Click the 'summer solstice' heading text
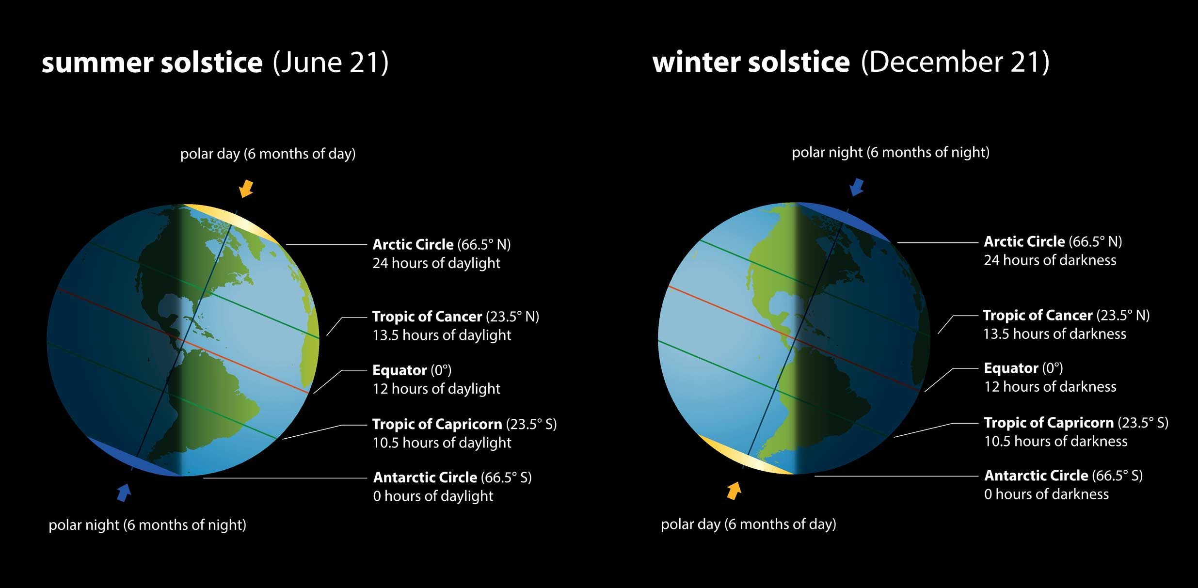click(x=152, y=63)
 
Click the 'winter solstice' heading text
click(x=751, y=63)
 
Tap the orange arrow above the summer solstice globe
click(x=246, y=188)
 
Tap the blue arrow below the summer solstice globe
click(x=124, y=492)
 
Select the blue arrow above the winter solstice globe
click(x=857, y=187)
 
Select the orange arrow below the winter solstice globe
click(x=734, y=490)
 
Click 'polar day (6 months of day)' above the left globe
click(x=268, y=154)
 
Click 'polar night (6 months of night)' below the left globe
click(x=147, y=524)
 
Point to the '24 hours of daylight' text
click(x=436, y=263)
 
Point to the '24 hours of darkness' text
click(x=1050, y=260)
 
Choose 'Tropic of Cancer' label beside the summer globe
click(x=427, y=317)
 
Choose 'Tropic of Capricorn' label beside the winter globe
click(x=1048, y=423)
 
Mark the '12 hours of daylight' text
click(x=436, y=389)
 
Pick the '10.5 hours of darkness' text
click(x=1055, y=441)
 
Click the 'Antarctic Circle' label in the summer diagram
click(x=425, y=477)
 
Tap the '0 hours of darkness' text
click(x=1046, y=494)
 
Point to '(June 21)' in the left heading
click(x=331, y=63)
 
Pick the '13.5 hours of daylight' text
click(x=442, y=335)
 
